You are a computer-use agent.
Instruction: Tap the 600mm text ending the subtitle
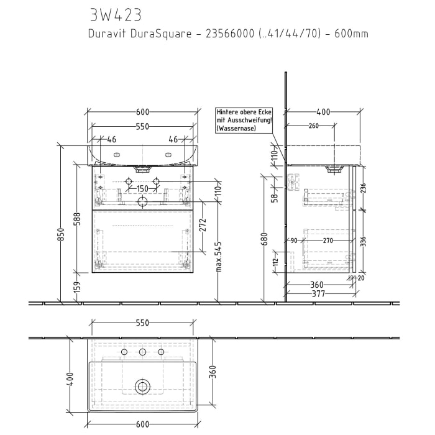(x=351, y=34)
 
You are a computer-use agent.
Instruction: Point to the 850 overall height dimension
(x=61, y=234)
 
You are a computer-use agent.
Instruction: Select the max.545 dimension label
(x=219, y=257)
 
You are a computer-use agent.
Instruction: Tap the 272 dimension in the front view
(x=202, y=225)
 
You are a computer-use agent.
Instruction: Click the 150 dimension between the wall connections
(x=142, y=189)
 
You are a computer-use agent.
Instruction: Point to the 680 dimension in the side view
(x=264, y=239)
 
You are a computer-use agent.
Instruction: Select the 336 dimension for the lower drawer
(x=364, y=241)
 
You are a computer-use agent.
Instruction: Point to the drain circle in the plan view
(x=143, y=387)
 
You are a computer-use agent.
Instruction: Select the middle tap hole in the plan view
(x=142, y=353)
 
